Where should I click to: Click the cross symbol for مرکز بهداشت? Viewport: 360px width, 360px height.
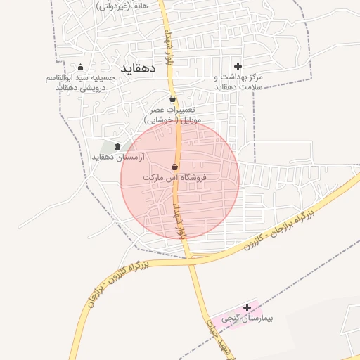(x=238, y=66)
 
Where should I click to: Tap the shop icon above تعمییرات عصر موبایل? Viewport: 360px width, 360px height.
(x=173, y=98)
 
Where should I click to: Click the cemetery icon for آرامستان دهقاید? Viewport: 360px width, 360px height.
(x=115, y=146)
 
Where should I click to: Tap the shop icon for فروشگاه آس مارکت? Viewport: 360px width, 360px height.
(x=174, y=167)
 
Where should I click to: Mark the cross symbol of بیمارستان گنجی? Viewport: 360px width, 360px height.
(x=247, y=307)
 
